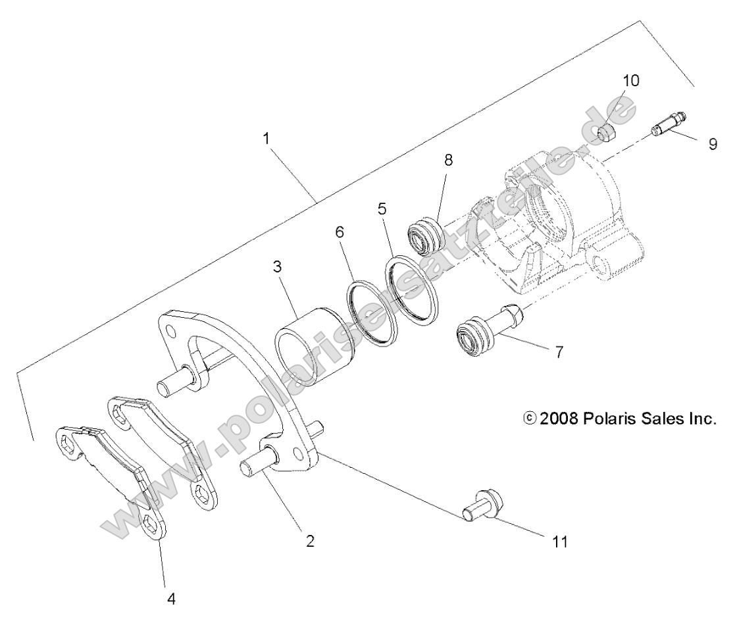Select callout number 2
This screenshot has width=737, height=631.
[310, 541]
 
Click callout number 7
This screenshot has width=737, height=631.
[559, 352]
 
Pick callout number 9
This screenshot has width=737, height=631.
[713, 144]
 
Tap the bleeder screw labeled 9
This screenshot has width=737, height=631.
[669, 123]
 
